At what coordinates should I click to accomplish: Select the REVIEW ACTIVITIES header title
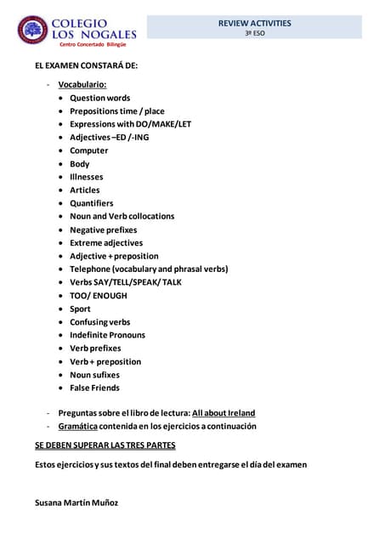[x=254, y=23]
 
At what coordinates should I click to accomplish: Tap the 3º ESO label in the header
[x=254, y=33]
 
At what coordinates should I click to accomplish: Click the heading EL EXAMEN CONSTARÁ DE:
[x=86, y=65]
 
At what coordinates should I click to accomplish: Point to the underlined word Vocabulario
[x=82, y=84]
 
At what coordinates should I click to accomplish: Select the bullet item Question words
[x=99, y=98]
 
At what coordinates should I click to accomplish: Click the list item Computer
[x=88, y=150]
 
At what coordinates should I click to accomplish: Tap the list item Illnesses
[x=87, y=177]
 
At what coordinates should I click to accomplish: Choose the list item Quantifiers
[x=91, y=203]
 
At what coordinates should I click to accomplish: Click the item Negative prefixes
[x=103, y=229]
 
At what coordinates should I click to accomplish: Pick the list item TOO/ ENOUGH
[x=98, y=296]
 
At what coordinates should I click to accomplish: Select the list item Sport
[x=80, y=309]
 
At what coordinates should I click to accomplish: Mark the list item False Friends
[x=94, y=388]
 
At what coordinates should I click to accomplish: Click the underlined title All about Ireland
[x=224, y=412]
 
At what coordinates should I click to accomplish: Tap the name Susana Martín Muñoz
[x=76, y=502]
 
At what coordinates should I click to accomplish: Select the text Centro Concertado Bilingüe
[x=93, y=43]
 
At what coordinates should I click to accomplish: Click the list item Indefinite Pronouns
[x=107, y=335]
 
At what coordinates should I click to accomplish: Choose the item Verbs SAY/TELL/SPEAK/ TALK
[x=125, y=282]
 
